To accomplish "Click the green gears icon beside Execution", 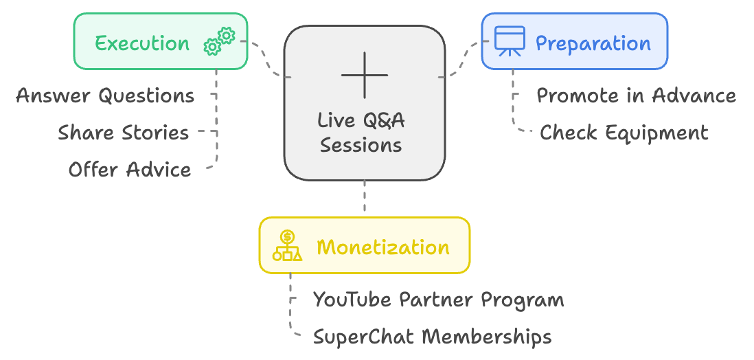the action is [219, 42].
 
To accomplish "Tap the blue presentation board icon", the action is [510, 41].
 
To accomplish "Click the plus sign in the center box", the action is [365, 75].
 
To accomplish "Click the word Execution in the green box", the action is [142, 43].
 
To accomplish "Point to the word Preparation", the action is [593, 43].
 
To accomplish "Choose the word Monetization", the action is [383, 247].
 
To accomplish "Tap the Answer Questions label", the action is [105, 95].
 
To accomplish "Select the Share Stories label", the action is [123, 133].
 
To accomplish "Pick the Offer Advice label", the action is [129, 170].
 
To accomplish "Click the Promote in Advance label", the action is [636, 95].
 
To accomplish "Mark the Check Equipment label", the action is [624, 133].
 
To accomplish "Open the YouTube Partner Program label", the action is [439, 300].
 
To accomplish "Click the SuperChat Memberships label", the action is [433, 337].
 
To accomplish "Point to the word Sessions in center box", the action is [361, 144].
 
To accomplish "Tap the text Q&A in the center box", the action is [382, 120].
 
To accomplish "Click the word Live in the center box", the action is [337, 120].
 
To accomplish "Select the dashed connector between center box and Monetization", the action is [365, 196].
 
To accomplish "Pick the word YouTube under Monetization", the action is [354, 300].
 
